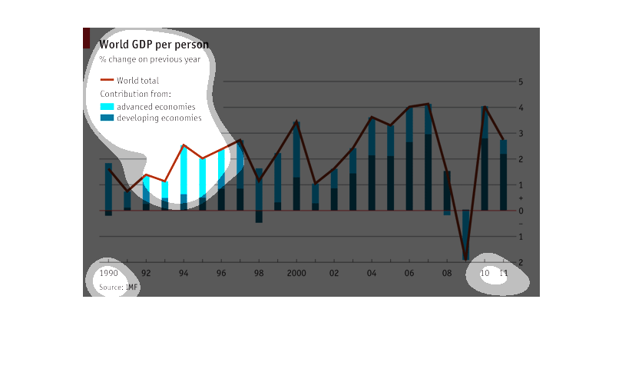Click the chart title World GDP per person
point(154,45)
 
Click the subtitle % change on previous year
point(149,59)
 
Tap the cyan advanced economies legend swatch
point(108,106)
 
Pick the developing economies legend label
point(159,118)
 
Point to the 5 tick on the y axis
point(521,81)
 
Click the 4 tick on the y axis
point(521,108)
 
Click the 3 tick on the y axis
point(521,134)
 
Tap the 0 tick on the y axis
point(521,211)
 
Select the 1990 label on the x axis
point(108,273)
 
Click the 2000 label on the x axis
point(296,273)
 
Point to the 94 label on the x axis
point(184,273)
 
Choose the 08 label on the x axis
point(447,273)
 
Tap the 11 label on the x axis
point(504,273)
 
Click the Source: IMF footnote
point(118,287)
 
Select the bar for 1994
point(184,177)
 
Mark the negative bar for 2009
point(465,234)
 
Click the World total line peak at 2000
point(296,121)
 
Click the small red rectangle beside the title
point(86,38)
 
